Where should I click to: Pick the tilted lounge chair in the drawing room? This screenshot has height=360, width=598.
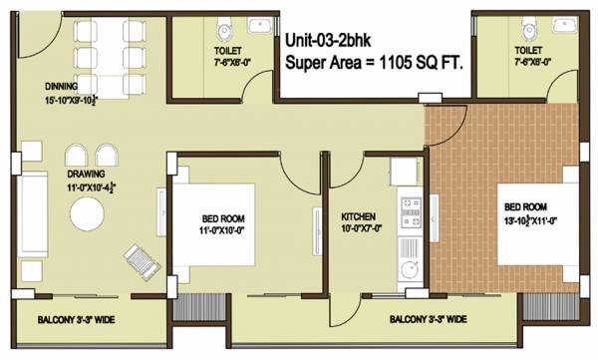point(139,262)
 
